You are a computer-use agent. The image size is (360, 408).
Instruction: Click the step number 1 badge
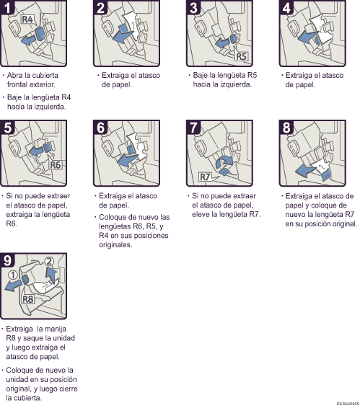pyautogui.click(x=9, y=10)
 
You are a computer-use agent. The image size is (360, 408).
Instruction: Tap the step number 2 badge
pyautogui.click(x=102, y=10)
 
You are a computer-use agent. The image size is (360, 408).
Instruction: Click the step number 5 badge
pyautogui.click(x=9, y=127)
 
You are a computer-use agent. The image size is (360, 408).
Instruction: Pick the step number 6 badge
pyautogui.click(x=102, y=127)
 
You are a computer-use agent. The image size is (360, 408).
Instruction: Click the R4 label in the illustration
pyautogui.click(x=27, y=19)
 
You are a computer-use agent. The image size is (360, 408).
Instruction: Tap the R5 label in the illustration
pyautogui.click(x=242, y=55)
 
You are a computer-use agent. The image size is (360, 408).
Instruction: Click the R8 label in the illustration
pyautogui.click(x=28, y=297)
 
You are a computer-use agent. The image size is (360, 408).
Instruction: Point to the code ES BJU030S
pyautogui.click(x=346, y=404)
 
